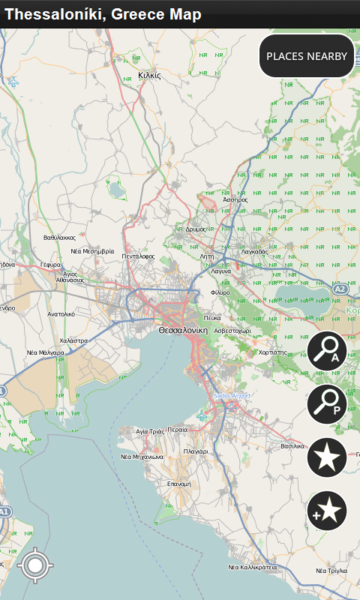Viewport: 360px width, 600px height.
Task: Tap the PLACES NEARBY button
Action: pos(307,56)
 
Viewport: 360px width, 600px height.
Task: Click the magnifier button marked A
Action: pos(327,351)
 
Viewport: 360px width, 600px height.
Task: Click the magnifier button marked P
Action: pos(327,404)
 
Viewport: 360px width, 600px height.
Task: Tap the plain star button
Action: pos(327,457)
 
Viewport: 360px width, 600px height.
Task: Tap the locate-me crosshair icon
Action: pos(34,565)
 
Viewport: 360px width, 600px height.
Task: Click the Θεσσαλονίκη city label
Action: pos(182,329)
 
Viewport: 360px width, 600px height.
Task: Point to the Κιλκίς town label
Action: pos(150,75)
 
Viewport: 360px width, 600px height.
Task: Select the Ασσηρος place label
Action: pos(235,199)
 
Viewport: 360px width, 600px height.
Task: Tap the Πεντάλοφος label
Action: pos(139,256)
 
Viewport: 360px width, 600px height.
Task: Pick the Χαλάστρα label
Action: pos(73,340)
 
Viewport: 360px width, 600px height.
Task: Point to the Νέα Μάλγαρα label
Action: pos(46,352)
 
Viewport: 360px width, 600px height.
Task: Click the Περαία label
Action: pos(178,430)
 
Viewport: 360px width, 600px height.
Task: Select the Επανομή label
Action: pos(180,484)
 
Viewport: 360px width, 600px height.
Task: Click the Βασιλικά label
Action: pos(293,445)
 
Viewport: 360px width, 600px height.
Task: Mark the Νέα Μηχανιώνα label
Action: pos(142,456)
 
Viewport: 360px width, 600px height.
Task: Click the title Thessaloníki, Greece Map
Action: pos(103,14)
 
